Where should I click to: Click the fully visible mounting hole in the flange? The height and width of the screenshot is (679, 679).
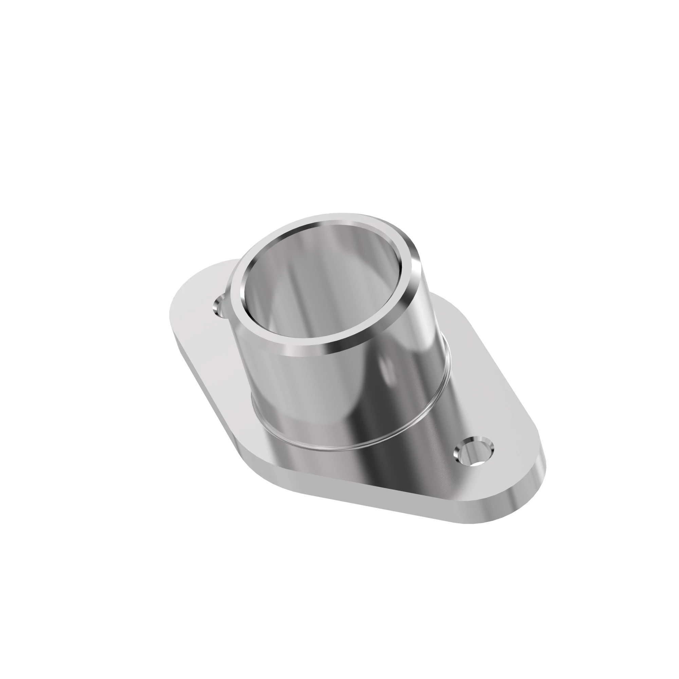click(474, 451)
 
